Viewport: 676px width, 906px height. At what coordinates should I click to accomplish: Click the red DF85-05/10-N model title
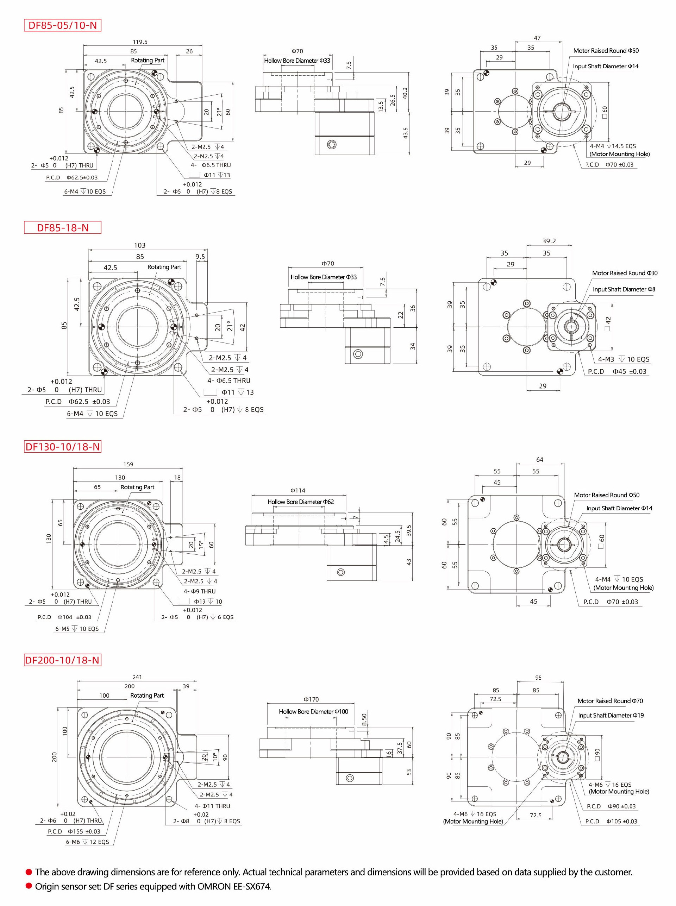(x=62, y=25)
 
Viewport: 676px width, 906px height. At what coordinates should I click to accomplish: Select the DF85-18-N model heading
(x=63, y=228)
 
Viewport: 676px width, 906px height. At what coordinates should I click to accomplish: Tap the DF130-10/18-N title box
(x=63, y=447)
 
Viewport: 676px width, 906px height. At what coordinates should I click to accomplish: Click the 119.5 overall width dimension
(x=140, y=42)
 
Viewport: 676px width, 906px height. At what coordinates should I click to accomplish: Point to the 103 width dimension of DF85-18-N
(x=139, y=245)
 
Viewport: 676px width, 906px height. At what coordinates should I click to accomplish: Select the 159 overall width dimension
(x=128, y=464)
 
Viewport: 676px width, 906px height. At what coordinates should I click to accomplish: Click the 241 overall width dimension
(x=137, y=677)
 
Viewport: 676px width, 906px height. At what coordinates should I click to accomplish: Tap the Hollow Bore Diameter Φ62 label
(x=300, y=502)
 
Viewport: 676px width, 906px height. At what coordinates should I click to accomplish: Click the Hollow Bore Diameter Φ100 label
(x=313, y=711)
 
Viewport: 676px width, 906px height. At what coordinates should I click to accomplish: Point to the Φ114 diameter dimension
(x=298, y=490)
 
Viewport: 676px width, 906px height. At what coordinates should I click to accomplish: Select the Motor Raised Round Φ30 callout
(x=625, y=273)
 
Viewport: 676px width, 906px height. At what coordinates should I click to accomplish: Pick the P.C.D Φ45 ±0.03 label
(x=617, y=371)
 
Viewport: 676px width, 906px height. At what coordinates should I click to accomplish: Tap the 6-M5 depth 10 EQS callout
(x=77, y=629)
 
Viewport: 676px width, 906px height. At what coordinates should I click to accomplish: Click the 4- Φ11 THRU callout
(x=212, y=806)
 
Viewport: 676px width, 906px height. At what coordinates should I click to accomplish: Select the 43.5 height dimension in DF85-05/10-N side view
(x=406, y=133)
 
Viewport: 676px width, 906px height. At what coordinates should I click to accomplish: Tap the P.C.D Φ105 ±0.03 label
(x=611, y=821)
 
